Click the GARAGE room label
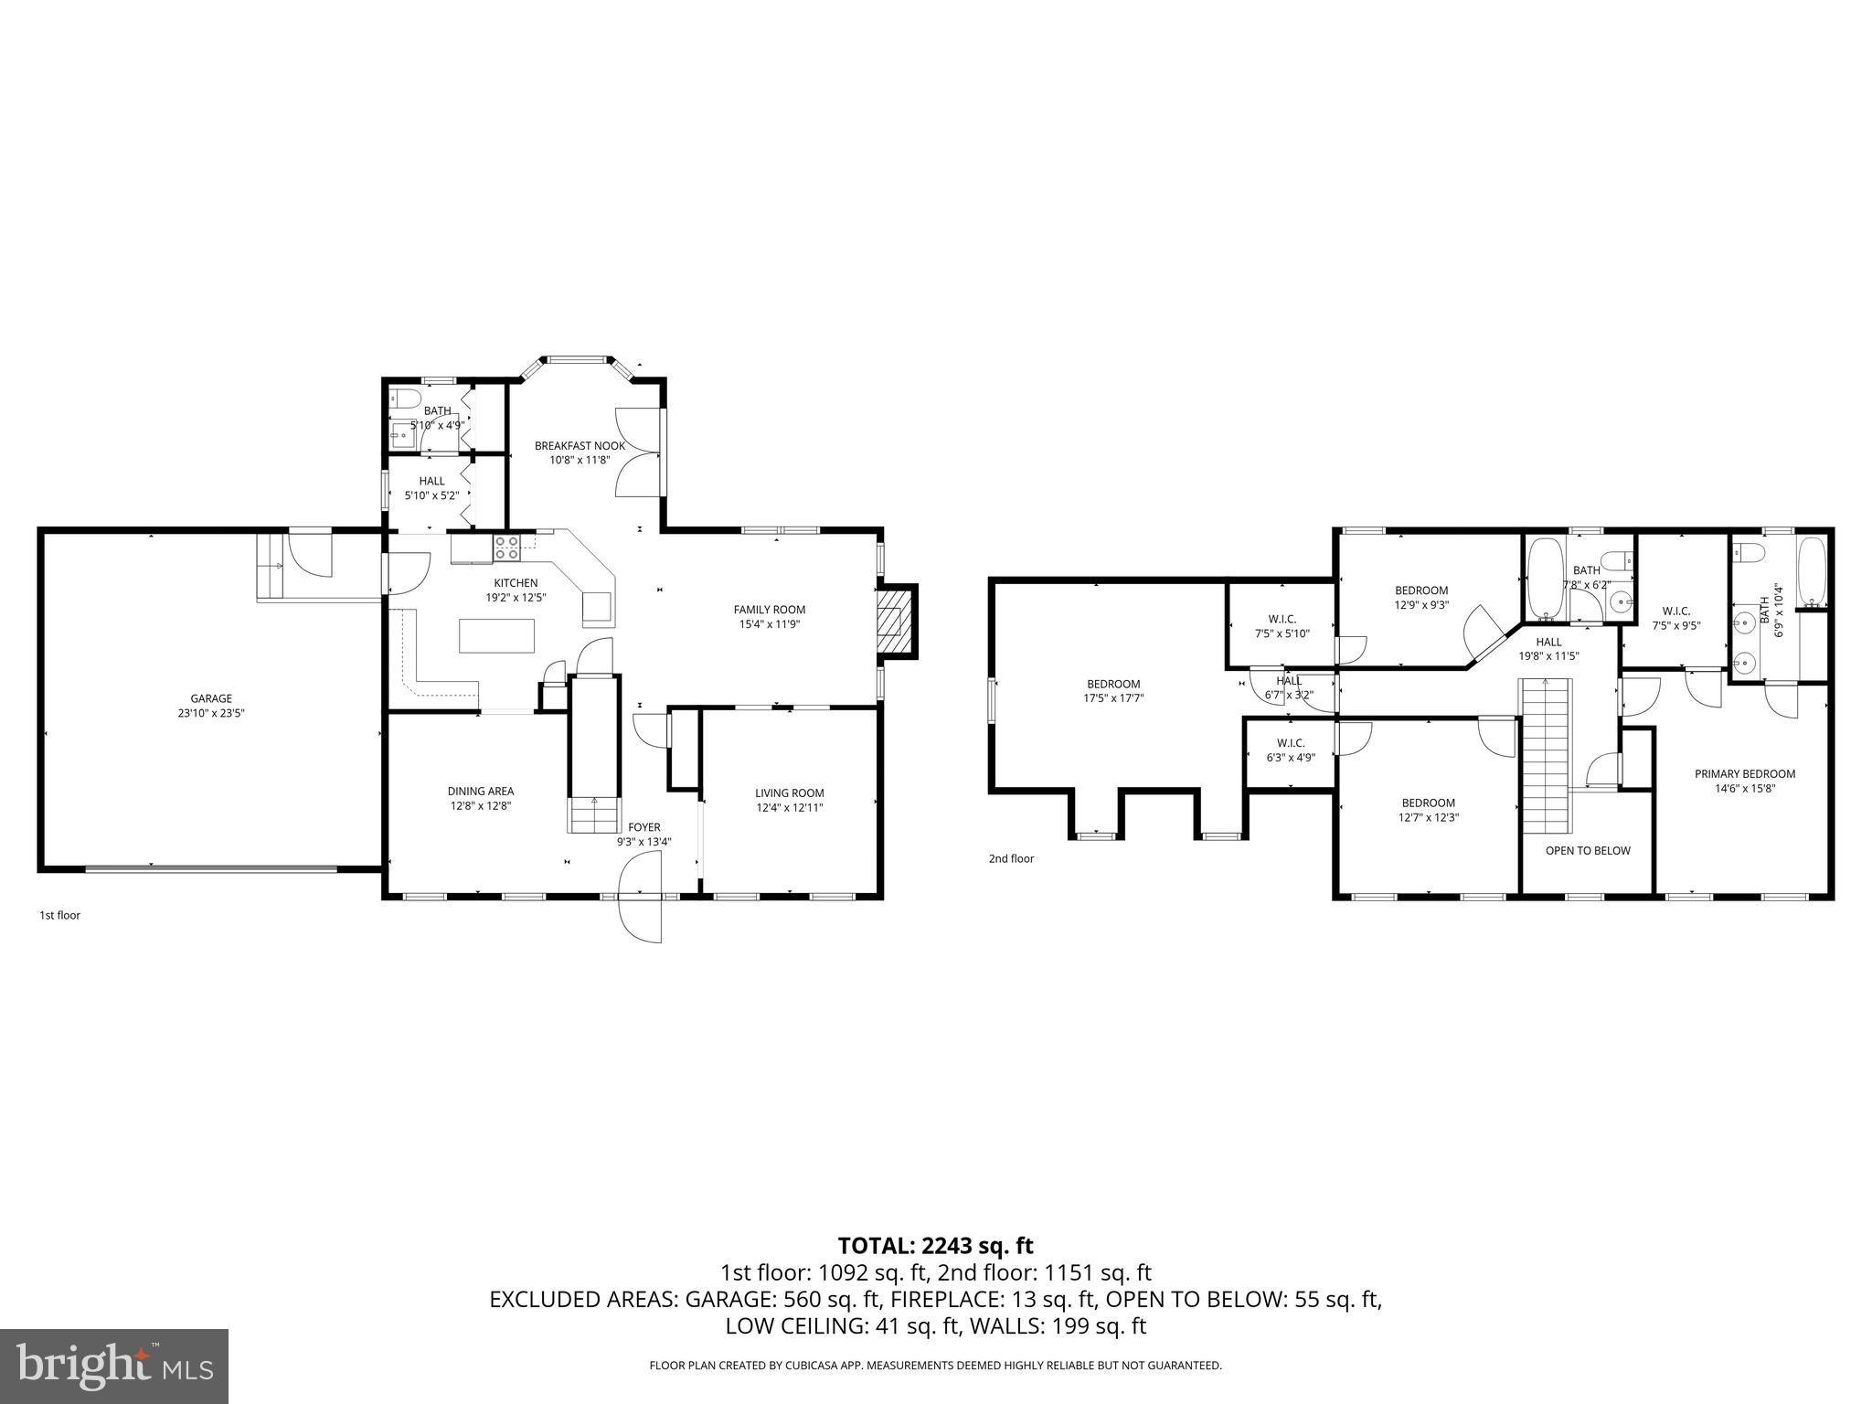[211, 698]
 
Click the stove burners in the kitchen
[507, 548]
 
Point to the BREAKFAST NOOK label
[580, 446]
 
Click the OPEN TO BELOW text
[1588, 850]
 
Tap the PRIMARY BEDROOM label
[1745, 773]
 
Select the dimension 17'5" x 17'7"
[1113, 697]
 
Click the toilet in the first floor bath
[404, 399]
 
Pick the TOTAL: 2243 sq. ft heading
[935, 1245]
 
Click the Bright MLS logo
[114, 1366]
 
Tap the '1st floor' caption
[59, 915]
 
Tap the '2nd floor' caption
[1011, 858]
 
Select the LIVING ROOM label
[789, 792]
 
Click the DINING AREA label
[480, 791]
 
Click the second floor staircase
[1546, 755]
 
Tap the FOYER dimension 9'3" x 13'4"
[643, 842]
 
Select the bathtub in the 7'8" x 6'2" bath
[1545, 578]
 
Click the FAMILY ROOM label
[769, 610]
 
